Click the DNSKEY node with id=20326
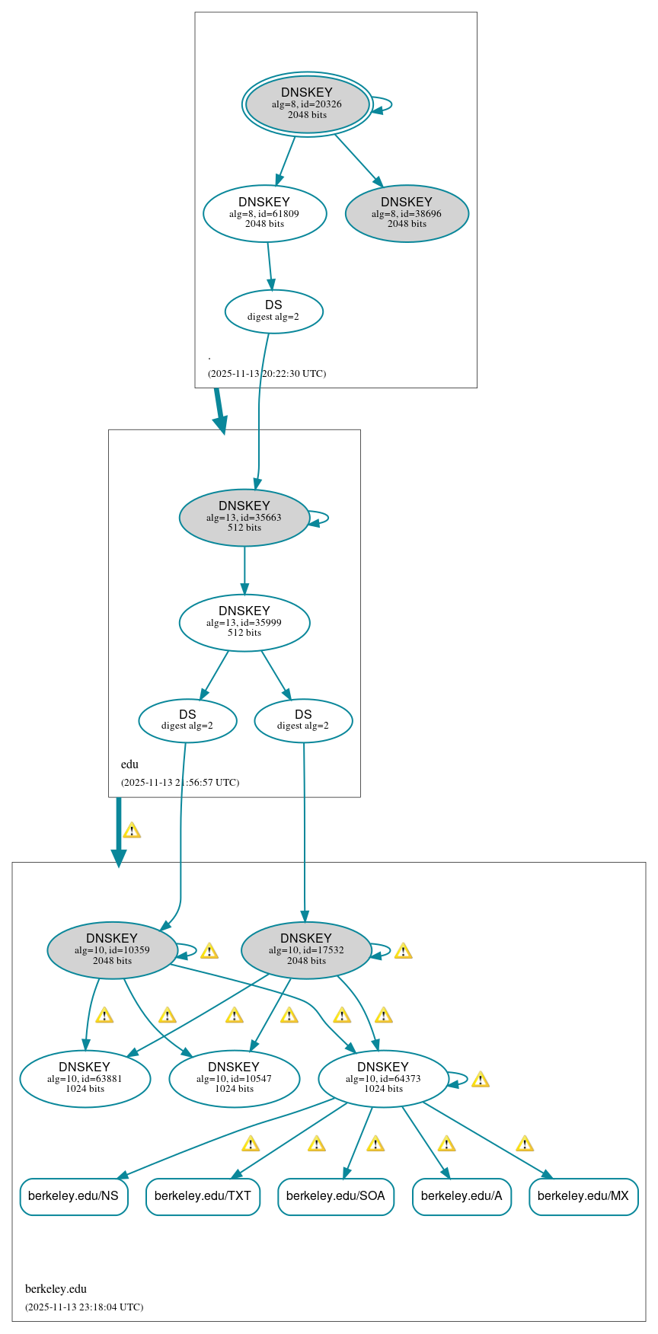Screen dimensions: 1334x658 pyautogui.click(x=307, y=104)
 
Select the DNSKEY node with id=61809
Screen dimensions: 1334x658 pyautogui.click(x=264, y=213)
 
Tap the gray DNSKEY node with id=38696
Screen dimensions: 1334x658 pyautogui.click(x=407, y=213)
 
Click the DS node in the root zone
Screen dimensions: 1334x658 pyautogui.click(x=273, y=311)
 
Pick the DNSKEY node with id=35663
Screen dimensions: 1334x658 pyautogui.click(x=244, y=517)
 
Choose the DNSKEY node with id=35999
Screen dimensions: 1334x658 pyautogui.click(x=244, y=622)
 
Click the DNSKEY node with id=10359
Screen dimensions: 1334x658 pyautogui.click(x=112, y=949)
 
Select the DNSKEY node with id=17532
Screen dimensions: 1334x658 pyautogui.click(x=306, y=949)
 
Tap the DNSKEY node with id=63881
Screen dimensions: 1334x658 pyautogui.click(x=85, y=1078)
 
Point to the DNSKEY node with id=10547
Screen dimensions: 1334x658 pyautogui.click(x=234, y=1078)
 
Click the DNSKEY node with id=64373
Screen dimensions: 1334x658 pyautogui.click(x=383, y=1078)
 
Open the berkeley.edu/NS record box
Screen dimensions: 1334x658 pyautogui.click(x=73, y=1196)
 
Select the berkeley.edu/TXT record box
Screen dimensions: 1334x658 pyautogui.click(x=203, y=1196)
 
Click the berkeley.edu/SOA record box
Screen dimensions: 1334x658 pyautogui.click(x=335, y=1196)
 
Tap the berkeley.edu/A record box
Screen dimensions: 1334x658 pyautogui.click(x=461, y=1196)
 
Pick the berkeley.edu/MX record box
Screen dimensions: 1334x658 pyautogui.click(x=583, y=1196)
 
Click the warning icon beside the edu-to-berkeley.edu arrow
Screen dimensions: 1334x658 pyautogui.click(x=132, y=830)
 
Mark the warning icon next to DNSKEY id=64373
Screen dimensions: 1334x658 pyautogui.click(x=480, y=1079)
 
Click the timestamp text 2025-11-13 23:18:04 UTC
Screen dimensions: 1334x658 pyautogui.click(x=84, y=1307)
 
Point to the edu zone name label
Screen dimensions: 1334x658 pyautogui.click(x=129, y=764)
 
